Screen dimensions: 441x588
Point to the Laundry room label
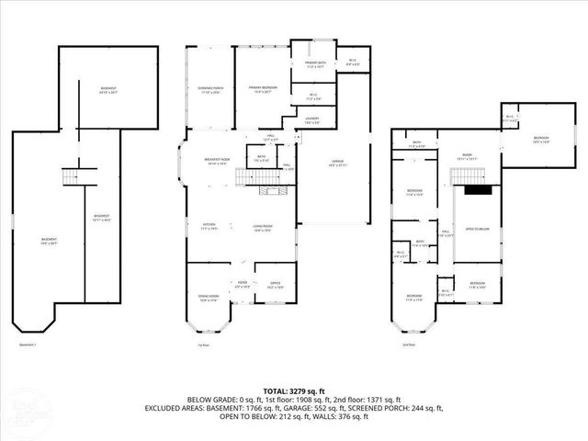[311, 120]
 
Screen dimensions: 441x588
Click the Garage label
[337, 164]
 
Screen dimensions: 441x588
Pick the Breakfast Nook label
[217, 161]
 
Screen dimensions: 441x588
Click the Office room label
[275, 285]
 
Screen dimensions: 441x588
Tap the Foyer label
[243, 284]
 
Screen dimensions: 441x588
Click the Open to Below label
[476, 229]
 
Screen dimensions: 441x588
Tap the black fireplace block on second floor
[475, 190]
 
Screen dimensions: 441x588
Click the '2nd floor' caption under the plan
[407, 345]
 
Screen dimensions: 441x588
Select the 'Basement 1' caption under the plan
[28, 345]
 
